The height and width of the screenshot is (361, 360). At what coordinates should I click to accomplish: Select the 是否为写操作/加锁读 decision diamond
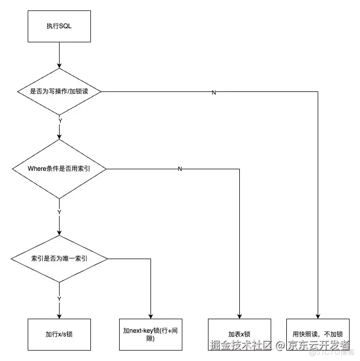click(59, 92)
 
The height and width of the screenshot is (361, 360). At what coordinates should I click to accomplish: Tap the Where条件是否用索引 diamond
click(59, 169)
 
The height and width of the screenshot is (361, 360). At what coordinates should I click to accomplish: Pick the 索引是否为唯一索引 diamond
click(59, 258)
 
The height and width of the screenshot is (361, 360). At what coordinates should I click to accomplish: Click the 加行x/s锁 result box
click(59, 334)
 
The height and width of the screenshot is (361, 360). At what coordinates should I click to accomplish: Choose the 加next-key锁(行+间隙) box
click(150, 334)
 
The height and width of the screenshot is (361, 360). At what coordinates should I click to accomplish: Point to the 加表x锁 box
click(239, 334)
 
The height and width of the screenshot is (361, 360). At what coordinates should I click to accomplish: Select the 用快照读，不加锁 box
click(317, 334)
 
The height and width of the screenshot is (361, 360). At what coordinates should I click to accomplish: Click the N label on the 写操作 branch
click(214, 92)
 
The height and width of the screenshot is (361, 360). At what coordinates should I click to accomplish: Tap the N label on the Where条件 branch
click(180, 169)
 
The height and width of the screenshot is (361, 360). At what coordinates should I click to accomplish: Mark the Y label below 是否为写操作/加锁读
click(60, 121)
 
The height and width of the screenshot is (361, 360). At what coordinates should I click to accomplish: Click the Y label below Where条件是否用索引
click(59, 212)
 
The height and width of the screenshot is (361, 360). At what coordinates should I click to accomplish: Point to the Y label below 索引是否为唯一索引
click(59, 298)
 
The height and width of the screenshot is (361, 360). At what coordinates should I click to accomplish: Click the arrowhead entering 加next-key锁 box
click(150, 315)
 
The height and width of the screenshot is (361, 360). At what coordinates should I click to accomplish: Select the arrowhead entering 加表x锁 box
click(239, 315)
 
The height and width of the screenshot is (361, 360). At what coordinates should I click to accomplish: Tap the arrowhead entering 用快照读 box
click(317, 315)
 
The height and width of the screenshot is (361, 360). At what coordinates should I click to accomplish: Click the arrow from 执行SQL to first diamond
click(59, 55)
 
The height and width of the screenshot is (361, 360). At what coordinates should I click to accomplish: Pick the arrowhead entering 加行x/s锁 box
click(59, 315)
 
